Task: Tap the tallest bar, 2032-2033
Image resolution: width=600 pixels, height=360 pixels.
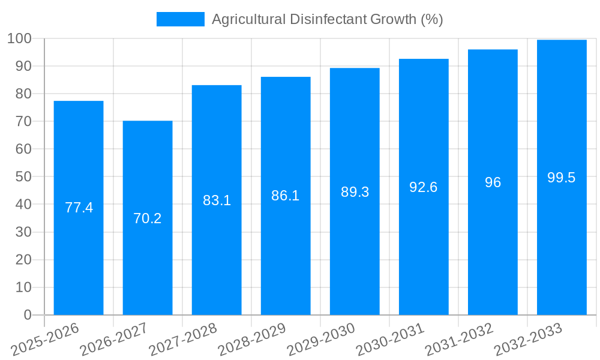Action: click(562, 240)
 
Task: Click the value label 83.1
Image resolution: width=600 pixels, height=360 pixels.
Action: click(217, 200)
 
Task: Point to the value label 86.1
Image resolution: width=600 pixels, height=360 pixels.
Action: click(286, 196)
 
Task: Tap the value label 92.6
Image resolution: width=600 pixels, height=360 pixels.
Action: click(424, 187)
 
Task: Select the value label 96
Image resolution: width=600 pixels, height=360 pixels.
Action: click(493, 182)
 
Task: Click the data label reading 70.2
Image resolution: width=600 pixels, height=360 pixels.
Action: click(148, 218)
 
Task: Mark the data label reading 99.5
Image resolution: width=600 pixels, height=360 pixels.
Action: click(562, 178)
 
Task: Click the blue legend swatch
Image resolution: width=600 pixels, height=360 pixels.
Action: click(180, 19)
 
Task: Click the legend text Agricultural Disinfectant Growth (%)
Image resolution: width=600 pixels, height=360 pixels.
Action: click(327, 19)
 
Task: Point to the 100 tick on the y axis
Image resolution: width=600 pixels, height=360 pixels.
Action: click(19, 38)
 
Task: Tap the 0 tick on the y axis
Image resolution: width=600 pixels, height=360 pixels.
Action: click(27, 315)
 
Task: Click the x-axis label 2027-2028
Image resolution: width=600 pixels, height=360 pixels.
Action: click(183, 339)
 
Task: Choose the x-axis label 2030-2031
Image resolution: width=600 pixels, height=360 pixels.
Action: click(390, 339)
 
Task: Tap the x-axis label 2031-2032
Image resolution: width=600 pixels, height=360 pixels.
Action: click(459, 339)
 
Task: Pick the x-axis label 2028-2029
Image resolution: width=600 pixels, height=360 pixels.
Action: click(252, 339)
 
